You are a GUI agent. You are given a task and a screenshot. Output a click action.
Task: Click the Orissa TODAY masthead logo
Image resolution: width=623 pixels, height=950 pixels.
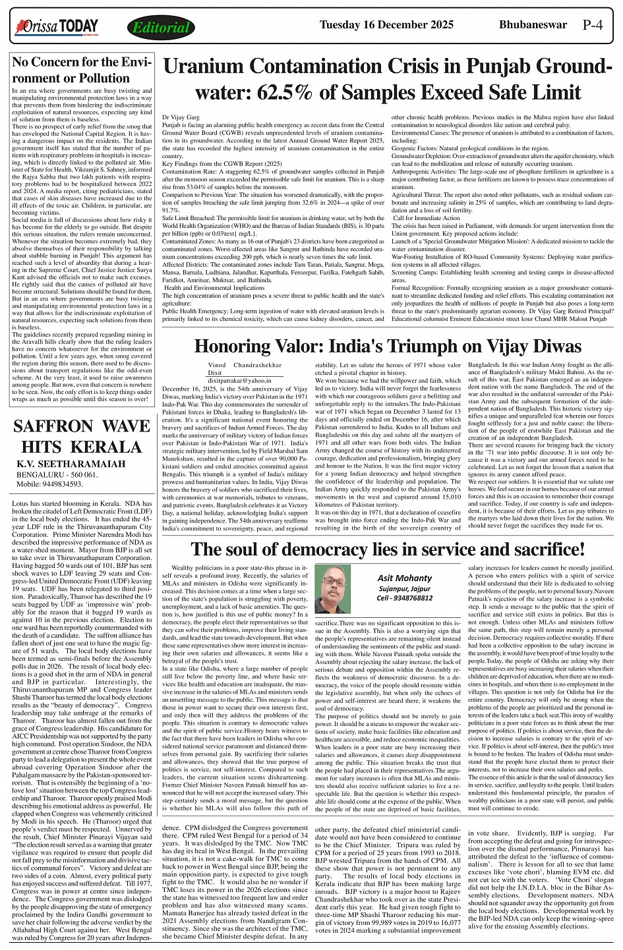click(x=58, y=26)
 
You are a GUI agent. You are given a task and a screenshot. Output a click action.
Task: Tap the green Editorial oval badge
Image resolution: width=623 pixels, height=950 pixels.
click(x=161, y=28)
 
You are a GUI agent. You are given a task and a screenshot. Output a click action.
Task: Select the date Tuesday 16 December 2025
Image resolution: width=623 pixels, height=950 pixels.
click(x=386, y=25)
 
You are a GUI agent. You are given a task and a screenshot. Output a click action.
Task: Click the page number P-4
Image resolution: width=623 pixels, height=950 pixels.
click(x=593, y=26)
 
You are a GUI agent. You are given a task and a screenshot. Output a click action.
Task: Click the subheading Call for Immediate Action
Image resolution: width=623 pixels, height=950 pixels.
click(x=426, y=218)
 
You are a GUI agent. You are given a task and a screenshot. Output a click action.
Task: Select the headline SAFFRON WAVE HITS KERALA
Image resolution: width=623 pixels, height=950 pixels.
click(x=82, y=437)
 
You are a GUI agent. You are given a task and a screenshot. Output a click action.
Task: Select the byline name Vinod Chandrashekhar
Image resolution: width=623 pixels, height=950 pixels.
click(x=245, y=364)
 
